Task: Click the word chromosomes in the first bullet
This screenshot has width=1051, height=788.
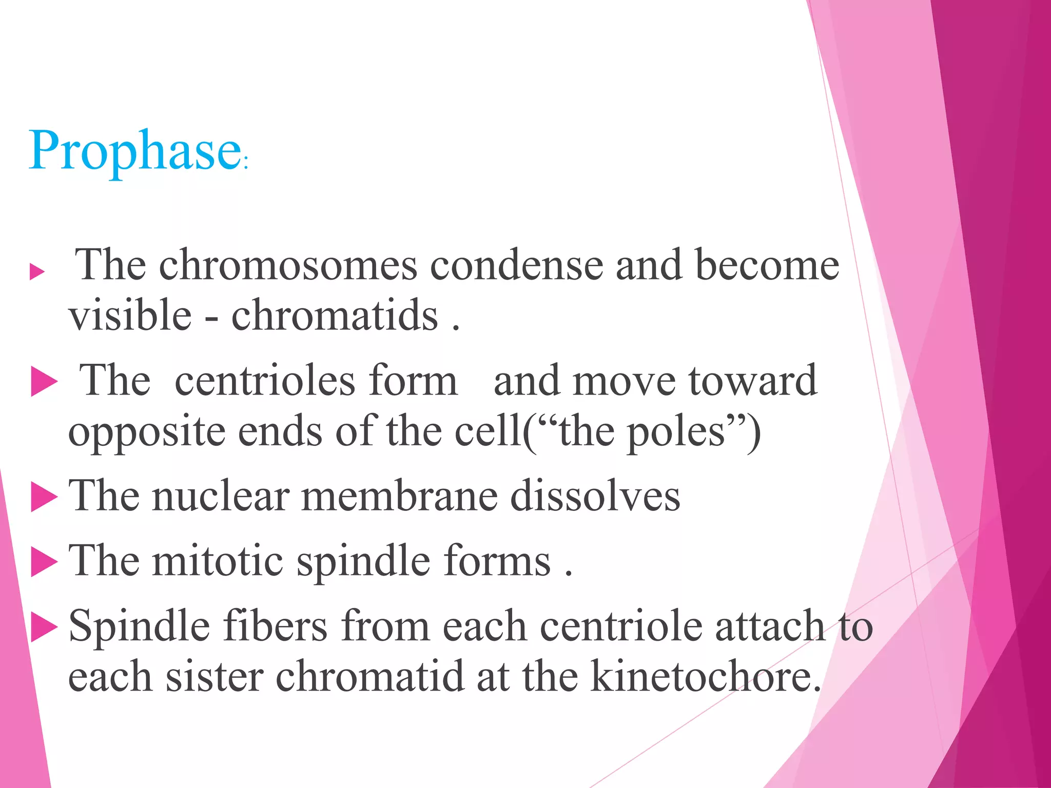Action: coord(288,265)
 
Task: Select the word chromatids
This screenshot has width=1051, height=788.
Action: coord(335,315)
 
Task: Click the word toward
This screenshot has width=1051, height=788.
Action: coord(752,381)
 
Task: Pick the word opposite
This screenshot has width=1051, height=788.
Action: coord(146,432)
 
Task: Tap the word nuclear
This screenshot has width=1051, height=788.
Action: coord(220,496)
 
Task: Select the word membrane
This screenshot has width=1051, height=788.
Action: coord(399,496)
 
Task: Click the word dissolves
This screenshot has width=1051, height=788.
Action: coord(595,496)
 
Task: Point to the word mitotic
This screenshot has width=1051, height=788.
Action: coord(218,561)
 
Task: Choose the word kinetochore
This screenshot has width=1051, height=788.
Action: coord(705,677)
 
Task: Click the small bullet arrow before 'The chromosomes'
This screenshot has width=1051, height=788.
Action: coord(37,271)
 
